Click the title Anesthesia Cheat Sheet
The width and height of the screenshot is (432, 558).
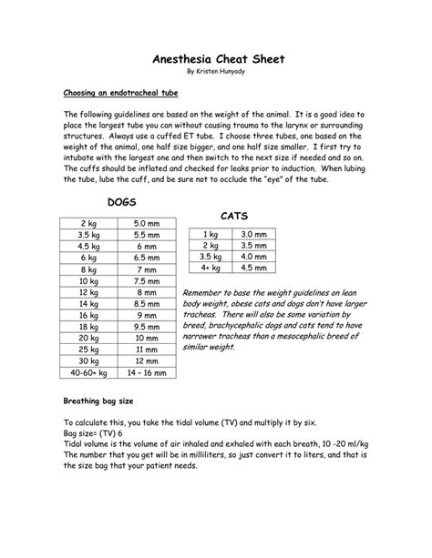[216, 58]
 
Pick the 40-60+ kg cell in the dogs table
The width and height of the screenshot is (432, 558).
[90, 398]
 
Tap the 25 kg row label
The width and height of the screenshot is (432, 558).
[90, 372]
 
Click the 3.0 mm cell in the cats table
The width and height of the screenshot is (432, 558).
[252, 234]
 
